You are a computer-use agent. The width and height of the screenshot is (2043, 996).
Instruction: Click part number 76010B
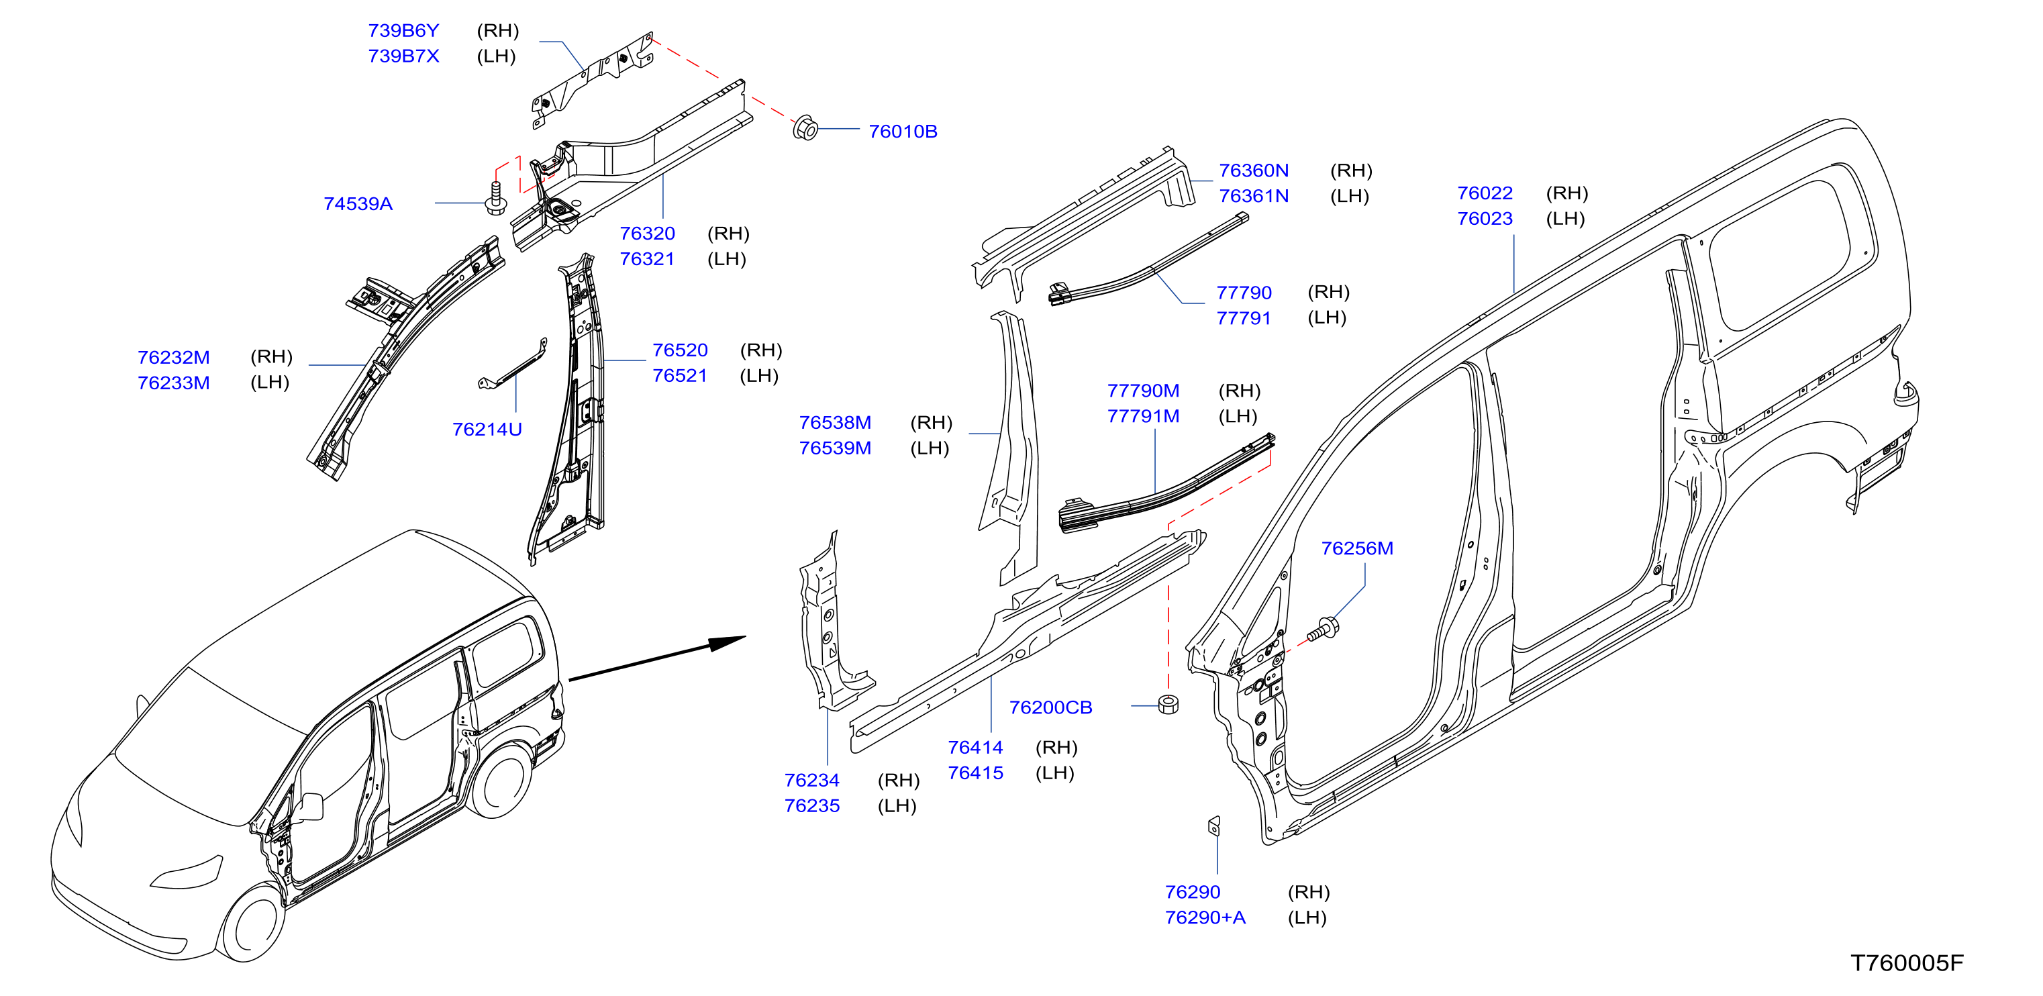coord(903,132)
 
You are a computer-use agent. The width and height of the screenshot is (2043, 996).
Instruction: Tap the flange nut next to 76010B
coord(805,128)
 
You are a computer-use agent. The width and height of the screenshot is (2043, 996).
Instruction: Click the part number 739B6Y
coord(403,31)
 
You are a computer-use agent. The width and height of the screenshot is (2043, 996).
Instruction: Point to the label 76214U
coord(487,430)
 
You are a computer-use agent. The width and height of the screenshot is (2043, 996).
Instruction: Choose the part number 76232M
coord(174,358)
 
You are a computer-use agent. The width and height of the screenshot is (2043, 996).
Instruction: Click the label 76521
coord(680,376)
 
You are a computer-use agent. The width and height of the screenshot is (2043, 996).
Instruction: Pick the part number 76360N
coord(1254,170)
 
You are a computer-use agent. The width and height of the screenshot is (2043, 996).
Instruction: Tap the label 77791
coord(1244,319)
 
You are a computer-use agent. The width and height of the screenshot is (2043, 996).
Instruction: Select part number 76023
coord(1485,219)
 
